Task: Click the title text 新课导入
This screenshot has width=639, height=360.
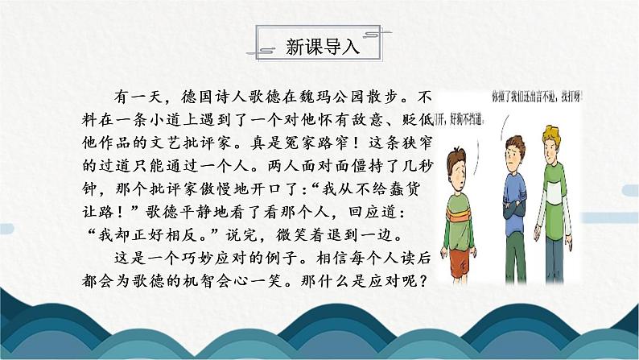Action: click(320, 47)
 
